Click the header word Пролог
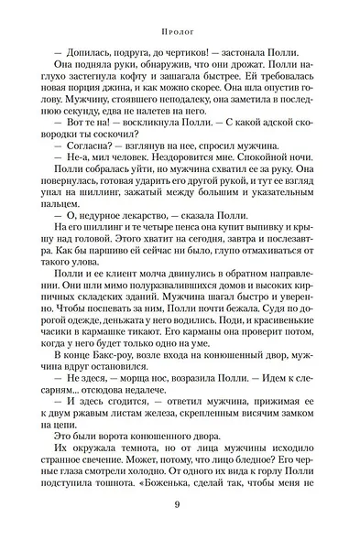(x=180, y=27)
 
